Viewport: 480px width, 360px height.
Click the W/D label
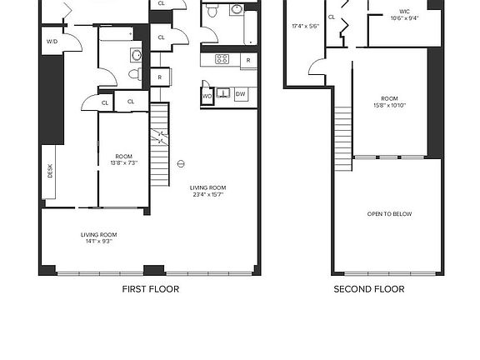click(52, 41)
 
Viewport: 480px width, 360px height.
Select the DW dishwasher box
click(240, 95)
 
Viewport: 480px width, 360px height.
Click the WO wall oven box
click(207, 96)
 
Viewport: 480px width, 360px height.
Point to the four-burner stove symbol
click(222, 59)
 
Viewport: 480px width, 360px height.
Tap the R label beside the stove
click(247, 60)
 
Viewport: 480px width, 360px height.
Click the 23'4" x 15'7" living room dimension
click(207, 192)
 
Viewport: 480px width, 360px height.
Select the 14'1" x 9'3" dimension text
click(97, 239)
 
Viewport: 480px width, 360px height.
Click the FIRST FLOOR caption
click(151, 289)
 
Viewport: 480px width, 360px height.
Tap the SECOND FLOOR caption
click(369, 289)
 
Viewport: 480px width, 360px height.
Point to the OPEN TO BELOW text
click(390, 214)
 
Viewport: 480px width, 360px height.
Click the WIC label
click(404, 12)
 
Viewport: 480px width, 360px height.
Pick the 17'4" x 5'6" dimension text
click(305, 26)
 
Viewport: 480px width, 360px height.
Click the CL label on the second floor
click(331, 17)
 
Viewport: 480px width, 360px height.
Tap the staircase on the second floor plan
click(342, 138)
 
